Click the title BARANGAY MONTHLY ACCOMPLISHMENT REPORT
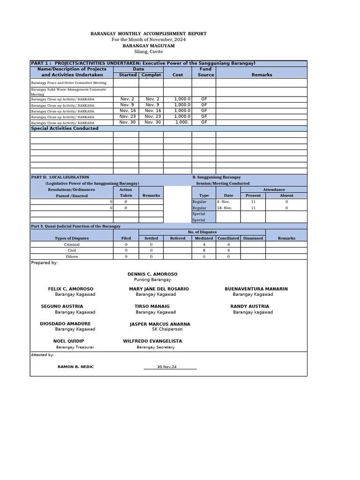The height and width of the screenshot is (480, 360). [148, 34]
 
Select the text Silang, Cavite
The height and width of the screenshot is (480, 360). [148, 52]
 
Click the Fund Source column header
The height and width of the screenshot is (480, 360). [205, 72]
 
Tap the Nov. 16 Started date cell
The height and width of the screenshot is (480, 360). [127, 111]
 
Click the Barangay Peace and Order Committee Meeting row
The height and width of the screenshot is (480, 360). [69, 82]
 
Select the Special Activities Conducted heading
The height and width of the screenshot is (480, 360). [65, 128]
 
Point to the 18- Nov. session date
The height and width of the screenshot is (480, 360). [225, 208]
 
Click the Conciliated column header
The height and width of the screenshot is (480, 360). [228, 238]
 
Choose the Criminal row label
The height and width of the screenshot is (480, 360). [72, 244]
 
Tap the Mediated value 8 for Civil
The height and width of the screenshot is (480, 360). [204, 250]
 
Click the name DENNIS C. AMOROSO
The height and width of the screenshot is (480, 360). [152, 274]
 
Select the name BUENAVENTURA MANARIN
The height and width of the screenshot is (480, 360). [256, 289]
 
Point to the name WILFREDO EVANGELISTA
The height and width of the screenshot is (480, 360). [152, 341]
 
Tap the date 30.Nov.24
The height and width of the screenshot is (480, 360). [167, 367]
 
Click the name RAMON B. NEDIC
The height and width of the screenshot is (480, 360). [75, 367]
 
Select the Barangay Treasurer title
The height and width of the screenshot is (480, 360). [75, 347]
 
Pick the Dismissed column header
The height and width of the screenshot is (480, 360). [253, 238]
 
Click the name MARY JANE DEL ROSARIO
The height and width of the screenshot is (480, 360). [159, 289]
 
